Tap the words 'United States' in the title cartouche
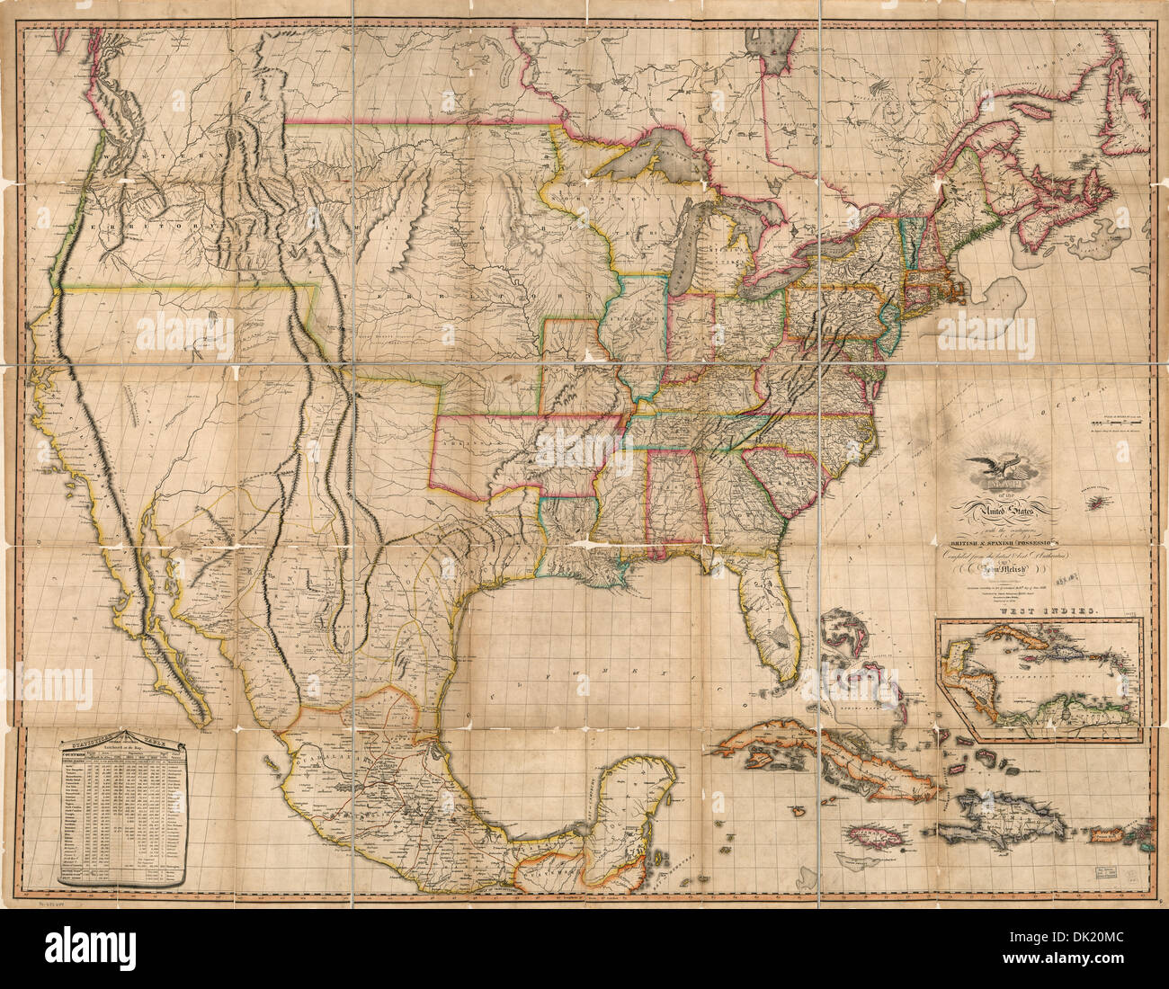[1000, 512]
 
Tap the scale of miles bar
[1119, 420]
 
